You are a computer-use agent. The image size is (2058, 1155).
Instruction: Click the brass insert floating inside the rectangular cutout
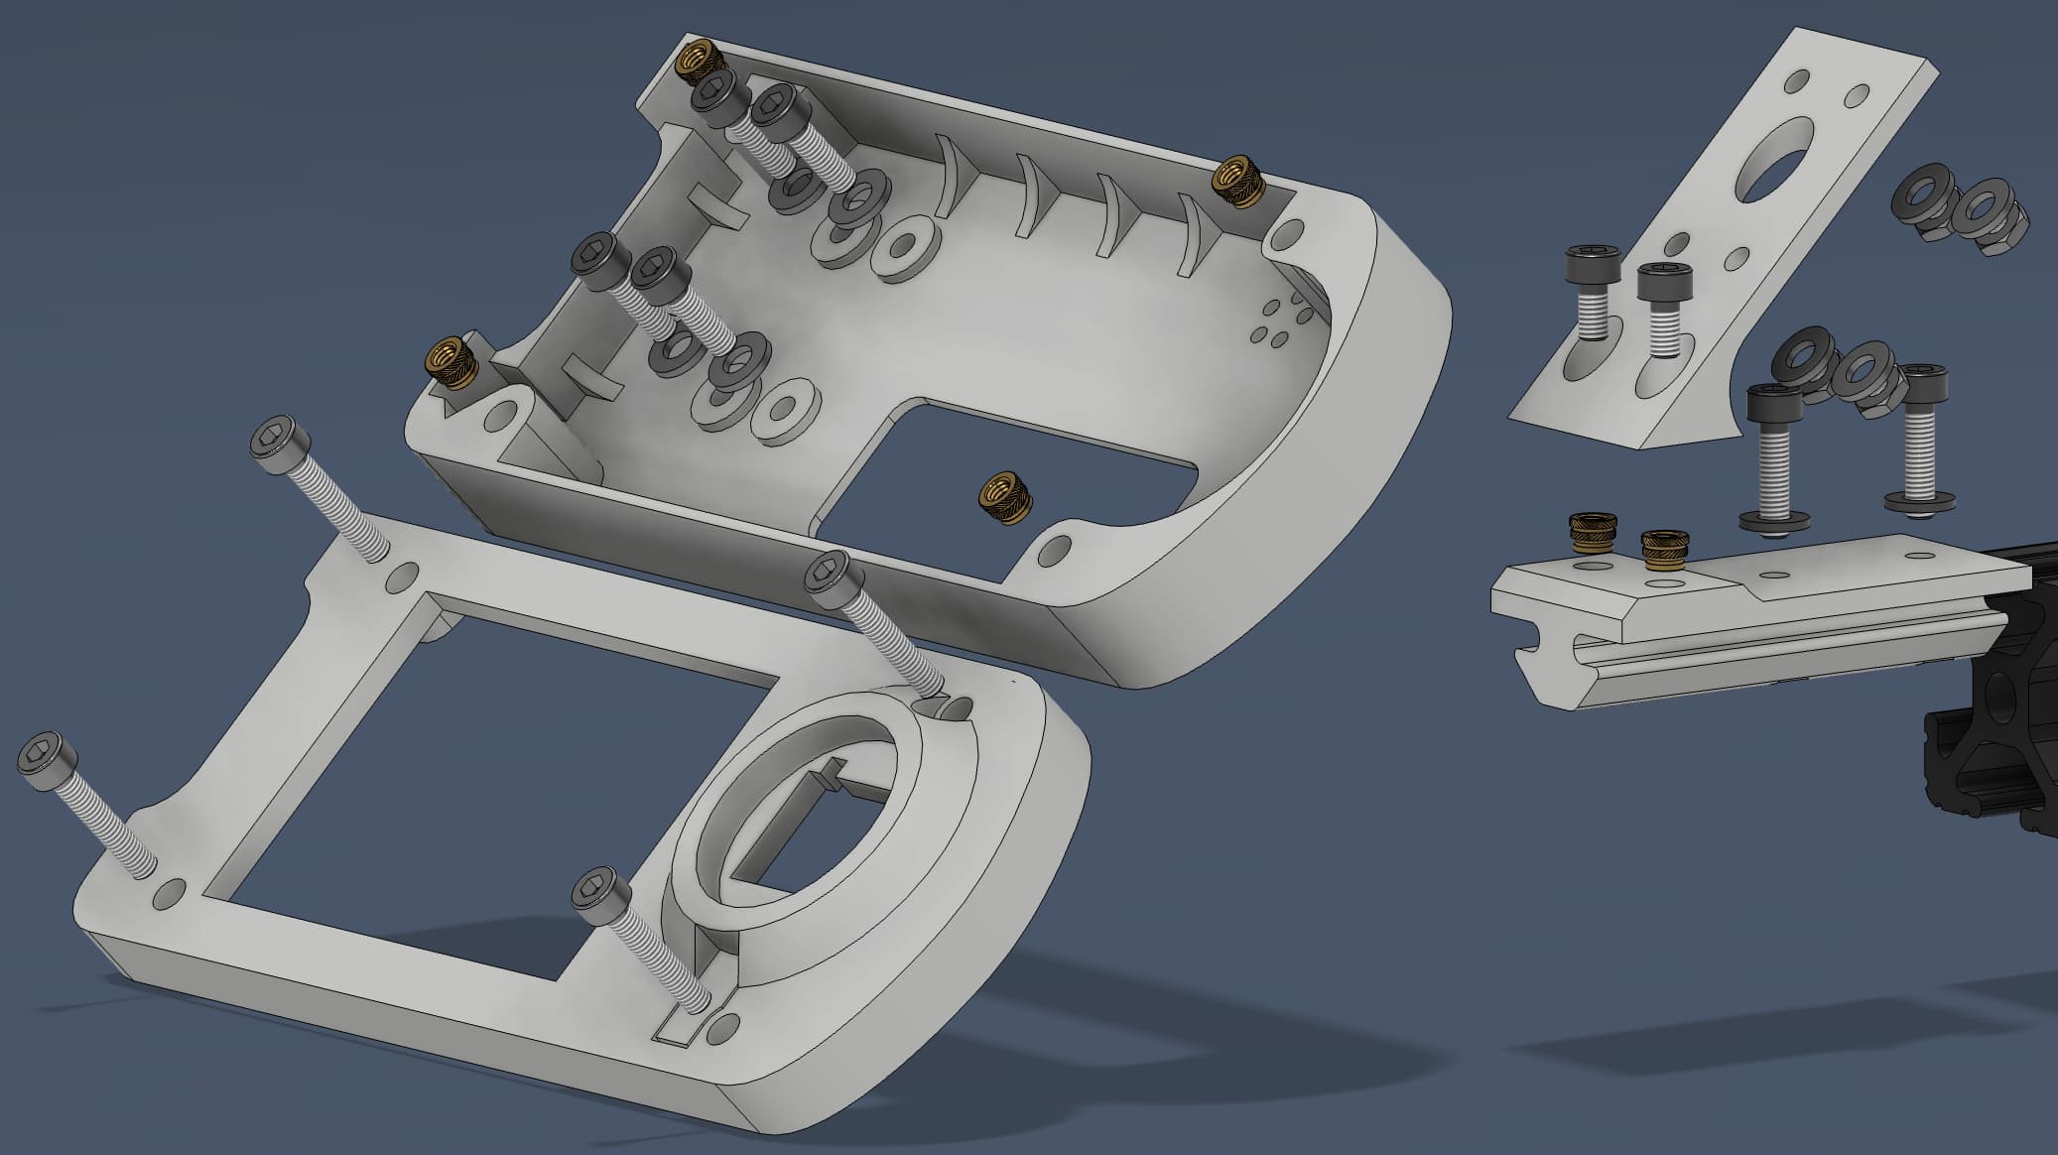1005,499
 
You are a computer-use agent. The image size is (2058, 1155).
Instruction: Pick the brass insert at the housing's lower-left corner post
451,362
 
